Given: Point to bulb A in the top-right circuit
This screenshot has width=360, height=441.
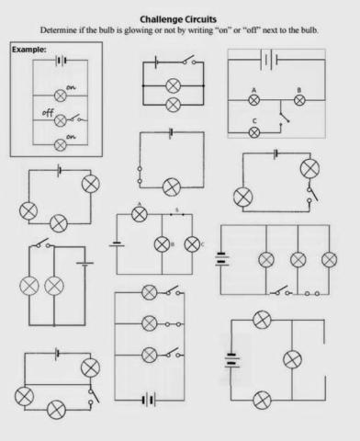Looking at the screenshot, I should (x=253, y=100).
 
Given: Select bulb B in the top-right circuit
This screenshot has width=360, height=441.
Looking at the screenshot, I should (x=298, y=100).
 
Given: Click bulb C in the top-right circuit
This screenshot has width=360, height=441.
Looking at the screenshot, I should (x=254, y=131).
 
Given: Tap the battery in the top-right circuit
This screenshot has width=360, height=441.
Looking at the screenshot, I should (x=270, y=60).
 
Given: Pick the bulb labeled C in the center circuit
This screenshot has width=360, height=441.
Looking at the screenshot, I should (x=192, y=244).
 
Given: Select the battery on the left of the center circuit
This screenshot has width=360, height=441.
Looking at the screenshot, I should (x=117, y=244).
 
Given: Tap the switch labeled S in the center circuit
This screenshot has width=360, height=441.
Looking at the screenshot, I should (x=177, y=215).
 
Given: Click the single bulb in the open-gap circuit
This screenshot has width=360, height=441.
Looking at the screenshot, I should (x=170, y=187).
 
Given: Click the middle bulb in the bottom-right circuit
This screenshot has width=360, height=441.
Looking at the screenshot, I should (x=293, y=359).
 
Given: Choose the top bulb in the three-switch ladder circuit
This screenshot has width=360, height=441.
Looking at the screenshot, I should (x=150, y=293).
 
